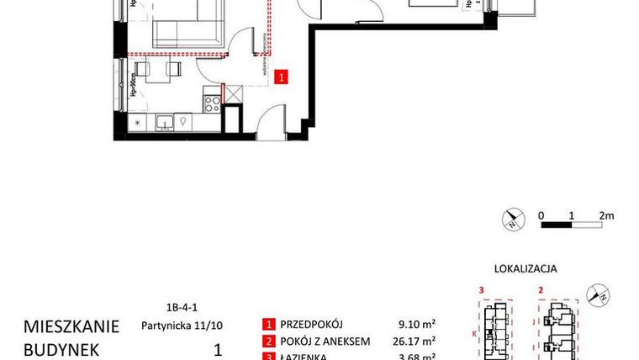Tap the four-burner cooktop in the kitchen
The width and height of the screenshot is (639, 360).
[x=212, y=104]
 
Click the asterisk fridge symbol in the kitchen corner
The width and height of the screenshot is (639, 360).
[x=138, y=124]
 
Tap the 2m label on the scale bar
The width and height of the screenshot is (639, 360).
[x=606, y=214]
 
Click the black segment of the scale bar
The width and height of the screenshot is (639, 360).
[x=556, y=225]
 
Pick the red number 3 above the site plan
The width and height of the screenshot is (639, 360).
[x=480, y=290]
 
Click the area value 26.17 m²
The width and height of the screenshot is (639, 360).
[x=415, y=342]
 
